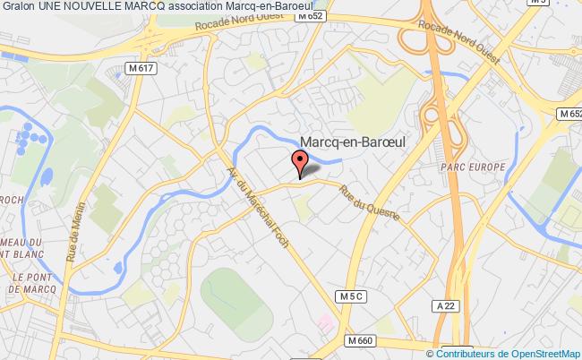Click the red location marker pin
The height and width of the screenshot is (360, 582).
point(299,162)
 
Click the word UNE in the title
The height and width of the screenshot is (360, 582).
point(51,8)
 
